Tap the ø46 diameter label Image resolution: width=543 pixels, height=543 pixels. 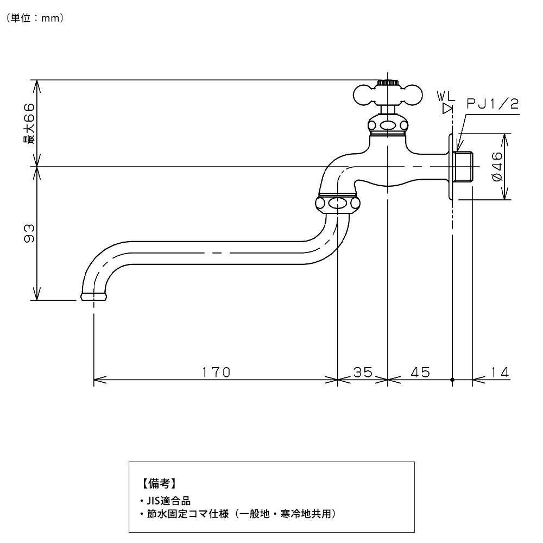pos(498,167)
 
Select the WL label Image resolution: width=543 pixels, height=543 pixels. pos(447,97)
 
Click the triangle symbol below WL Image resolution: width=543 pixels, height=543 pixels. pos(447,108)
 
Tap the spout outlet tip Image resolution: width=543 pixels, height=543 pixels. pos(94,296)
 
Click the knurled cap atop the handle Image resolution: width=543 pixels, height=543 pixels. pos(387,83)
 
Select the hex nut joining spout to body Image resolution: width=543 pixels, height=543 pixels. pos(338,204)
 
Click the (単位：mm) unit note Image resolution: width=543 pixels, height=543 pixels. pos(36,18)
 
